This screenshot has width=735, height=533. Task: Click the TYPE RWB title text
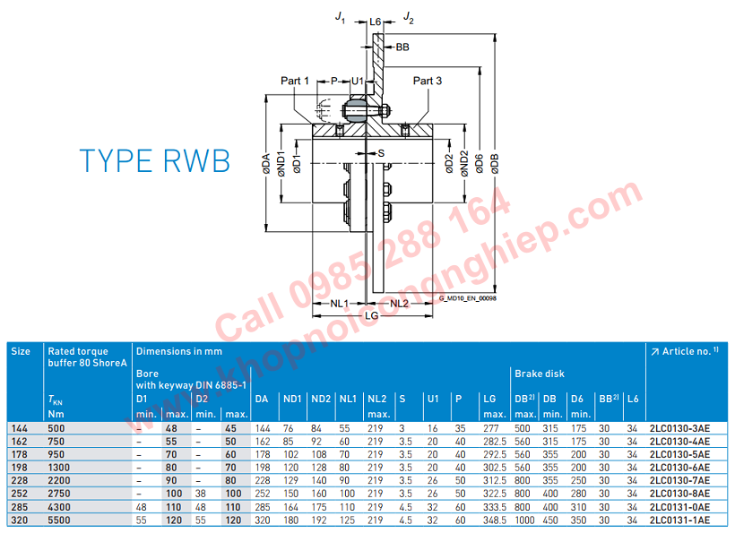click(x=154, y=160)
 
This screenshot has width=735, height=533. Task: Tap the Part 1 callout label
click(x=295, y=81)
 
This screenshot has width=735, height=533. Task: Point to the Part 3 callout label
click(x=428, y=81)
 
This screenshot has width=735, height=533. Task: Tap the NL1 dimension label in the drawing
click(x=339, y=304)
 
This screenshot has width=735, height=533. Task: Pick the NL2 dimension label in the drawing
click(x=400, y=304)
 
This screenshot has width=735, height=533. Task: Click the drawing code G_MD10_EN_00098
click(x=467, y=297)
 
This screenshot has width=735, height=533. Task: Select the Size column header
click(x=20, y=351)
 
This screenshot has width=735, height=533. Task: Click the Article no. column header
click(x=685, y=351)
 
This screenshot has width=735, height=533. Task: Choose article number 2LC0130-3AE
click(x=679, y=429)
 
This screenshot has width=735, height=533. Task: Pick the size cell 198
click(x=20, y=467)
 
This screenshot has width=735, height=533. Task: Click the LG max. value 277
click(x=489, y=429)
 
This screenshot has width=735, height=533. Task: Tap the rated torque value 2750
click(x=59, y=493)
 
